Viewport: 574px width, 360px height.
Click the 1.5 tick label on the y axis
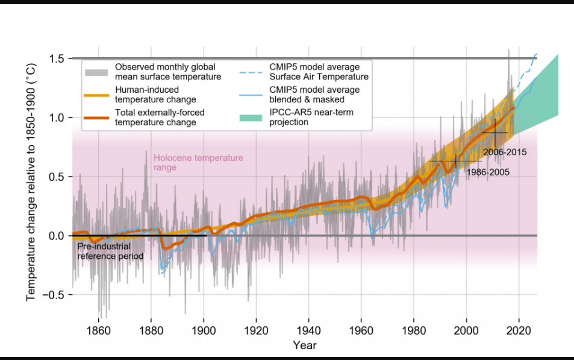pyautogui.click(x=57, y=58)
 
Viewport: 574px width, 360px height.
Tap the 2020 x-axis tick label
pyautogui.click(x=518, y=330)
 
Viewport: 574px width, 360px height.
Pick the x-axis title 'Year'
pyautogui.click(x=304, y=345)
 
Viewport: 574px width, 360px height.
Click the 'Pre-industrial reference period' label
pyautogui.click(x=110, y=251)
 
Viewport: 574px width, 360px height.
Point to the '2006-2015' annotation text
pyautogui.click(x=505, y=152)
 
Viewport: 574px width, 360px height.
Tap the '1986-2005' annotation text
pyautogui.click(x=488, y=172)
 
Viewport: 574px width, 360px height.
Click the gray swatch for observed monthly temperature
pyautogui.click(x=96, y=72)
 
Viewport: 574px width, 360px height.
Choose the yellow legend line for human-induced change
pyautogui.click(x=96, y=95)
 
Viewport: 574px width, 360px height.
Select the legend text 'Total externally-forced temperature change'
pyautogui.click(x=155, y=117)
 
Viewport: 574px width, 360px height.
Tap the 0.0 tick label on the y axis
pyautogui.click(x=57, y=235)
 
